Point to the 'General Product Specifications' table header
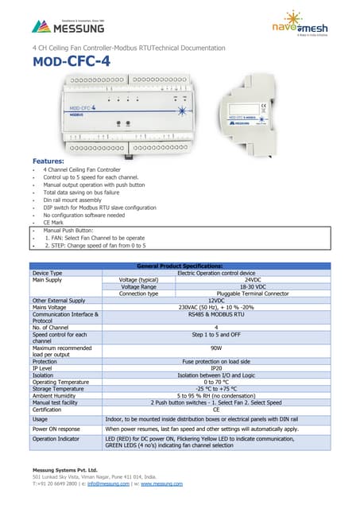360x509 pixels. tap(180, 266)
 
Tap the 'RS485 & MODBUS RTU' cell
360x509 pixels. tap(216, 314)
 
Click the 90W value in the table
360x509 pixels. tap(216, 348)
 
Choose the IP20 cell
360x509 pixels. tap(216, 368)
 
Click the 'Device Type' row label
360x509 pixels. tap(47, 273)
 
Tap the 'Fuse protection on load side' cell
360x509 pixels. tap(216, 361)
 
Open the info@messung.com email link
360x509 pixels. tap(107, 483)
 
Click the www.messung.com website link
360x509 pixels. tap(163, 483)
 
